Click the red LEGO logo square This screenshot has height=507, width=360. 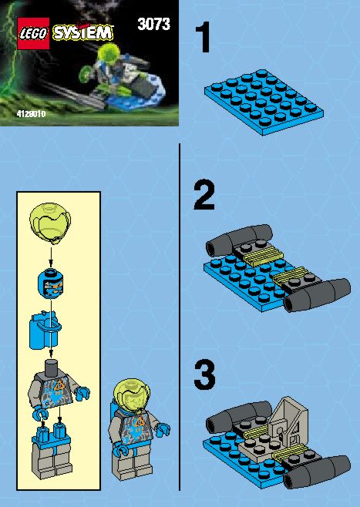pyautogui.click(x=33, y=33)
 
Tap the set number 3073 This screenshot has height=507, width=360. pyautogui.click(x=153, y=24)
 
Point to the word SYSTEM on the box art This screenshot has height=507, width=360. pyautogui.click(x=83, y=32)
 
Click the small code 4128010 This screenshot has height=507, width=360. pyautogui.click(x=31, y=114)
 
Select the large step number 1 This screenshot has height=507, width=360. pyautogui.click(x=203, y=38)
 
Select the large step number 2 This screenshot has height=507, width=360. pyautogui.click(x=204, y=195)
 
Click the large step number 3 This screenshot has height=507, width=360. pyautogui.click(x=204, y=375)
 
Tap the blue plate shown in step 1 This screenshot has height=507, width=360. pyautogui.click(x=264, y=102)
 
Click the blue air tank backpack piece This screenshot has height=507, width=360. pyautogui.click(x=44, y=330)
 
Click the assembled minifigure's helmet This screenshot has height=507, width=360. pyautogui.click(x=133, y=395)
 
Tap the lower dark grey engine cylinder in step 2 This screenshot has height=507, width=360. pyautogui.click(x=317, y=295)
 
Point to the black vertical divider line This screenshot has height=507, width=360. pyautogui.click(x=180, y=317)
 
